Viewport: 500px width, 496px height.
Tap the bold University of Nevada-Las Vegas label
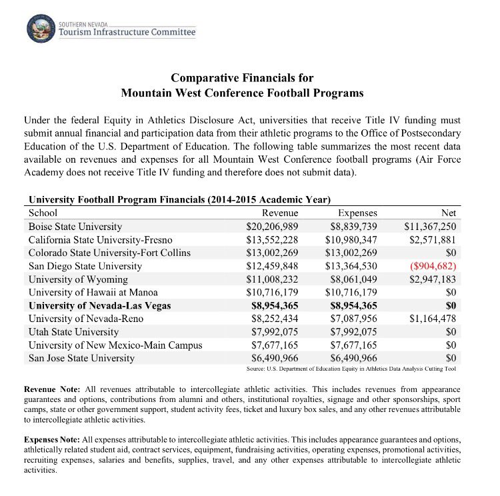(x=99, y=306)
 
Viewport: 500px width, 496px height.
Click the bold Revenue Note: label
(x=53, y=388)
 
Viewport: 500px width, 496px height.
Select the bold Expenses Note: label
(x=55, y=441)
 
